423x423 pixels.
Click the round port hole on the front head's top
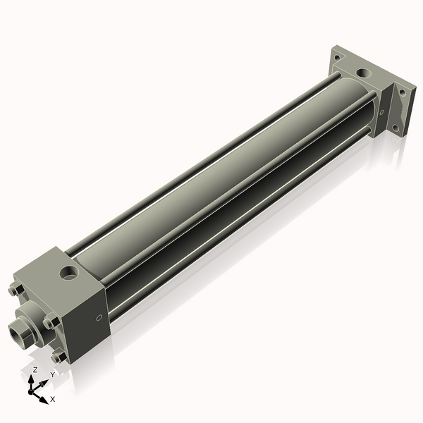pos(69,271)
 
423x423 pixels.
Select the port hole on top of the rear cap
pos(362,72)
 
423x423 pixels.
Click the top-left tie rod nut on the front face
pos(16,290)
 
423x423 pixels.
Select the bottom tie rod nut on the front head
pos(58,357)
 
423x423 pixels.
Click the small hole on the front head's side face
pos(98,317)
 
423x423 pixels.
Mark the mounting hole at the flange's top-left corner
pos(337,56)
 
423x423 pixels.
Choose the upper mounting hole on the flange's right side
pos(402,92)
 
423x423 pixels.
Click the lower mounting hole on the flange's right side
pos(396,128)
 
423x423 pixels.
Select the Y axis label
pos(52,376)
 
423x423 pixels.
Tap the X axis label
pos(53,399)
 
